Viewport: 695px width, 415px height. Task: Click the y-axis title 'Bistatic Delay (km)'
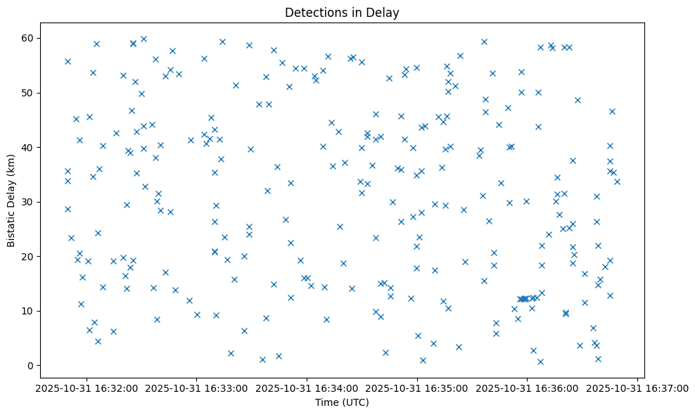(11, 200)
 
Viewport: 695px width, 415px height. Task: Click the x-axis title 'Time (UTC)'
(341, 403)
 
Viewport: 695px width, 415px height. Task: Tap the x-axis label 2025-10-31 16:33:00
(197, 388)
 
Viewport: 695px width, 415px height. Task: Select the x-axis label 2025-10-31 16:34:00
(307, 388)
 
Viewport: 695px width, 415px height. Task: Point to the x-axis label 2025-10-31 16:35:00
(417, 388)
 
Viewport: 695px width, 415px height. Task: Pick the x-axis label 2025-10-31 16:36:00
(528, 388)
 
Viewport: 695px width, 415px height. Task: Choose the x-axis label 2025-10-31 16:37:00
(637, 388)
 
